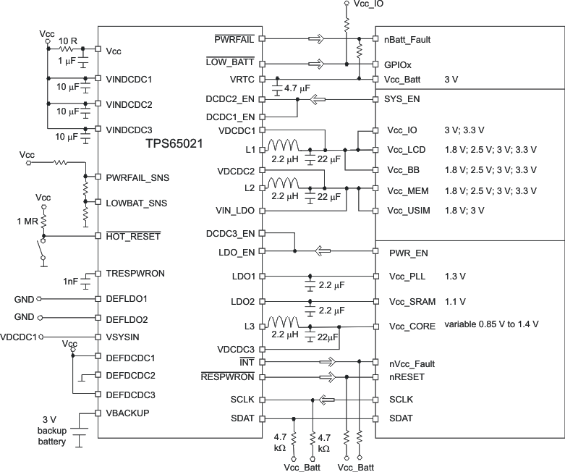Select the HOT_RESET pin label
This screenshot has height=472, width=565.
tap(132, 236)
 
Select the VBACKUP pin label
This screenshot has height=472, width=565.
tap(128, 413)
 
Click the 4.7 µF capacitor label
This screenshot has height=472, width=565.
tap(297, 88)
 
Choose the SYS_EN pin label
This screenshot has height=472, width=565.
tap(405, 98)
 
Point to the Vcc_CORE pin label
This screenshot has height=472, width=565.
tap(412, 326)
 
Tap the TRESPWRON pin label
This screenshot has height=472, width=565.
tap(135, 274)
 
